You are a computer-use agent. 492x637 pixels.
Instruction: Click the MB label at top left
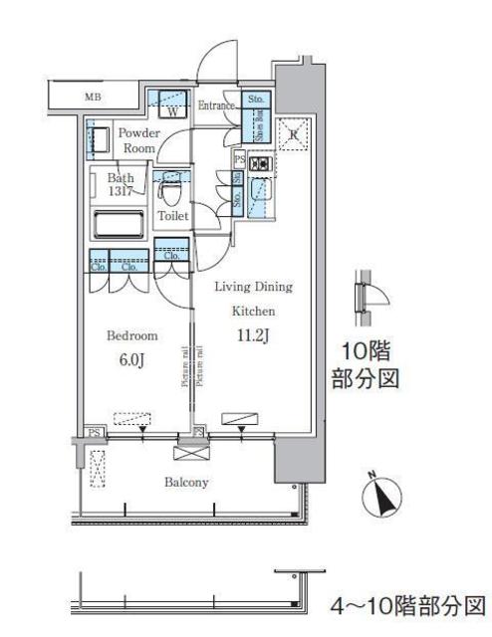coord(92,97)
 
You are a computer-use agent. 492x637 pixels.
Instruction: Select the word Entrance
coord(216,106)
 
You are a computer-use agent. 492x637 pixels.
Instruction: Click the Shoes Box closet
coord(256,128)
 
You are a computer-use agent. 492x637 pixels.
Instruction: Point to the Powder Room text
coord(137,139)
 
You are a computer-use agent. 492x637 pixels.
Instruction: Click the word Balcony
coord(186,483)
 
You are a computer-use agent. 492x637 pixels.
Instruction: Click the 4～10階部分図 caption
coord(409,605)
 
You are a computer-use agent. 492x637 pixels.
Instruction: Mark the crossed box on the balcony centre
coord(188,453)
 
